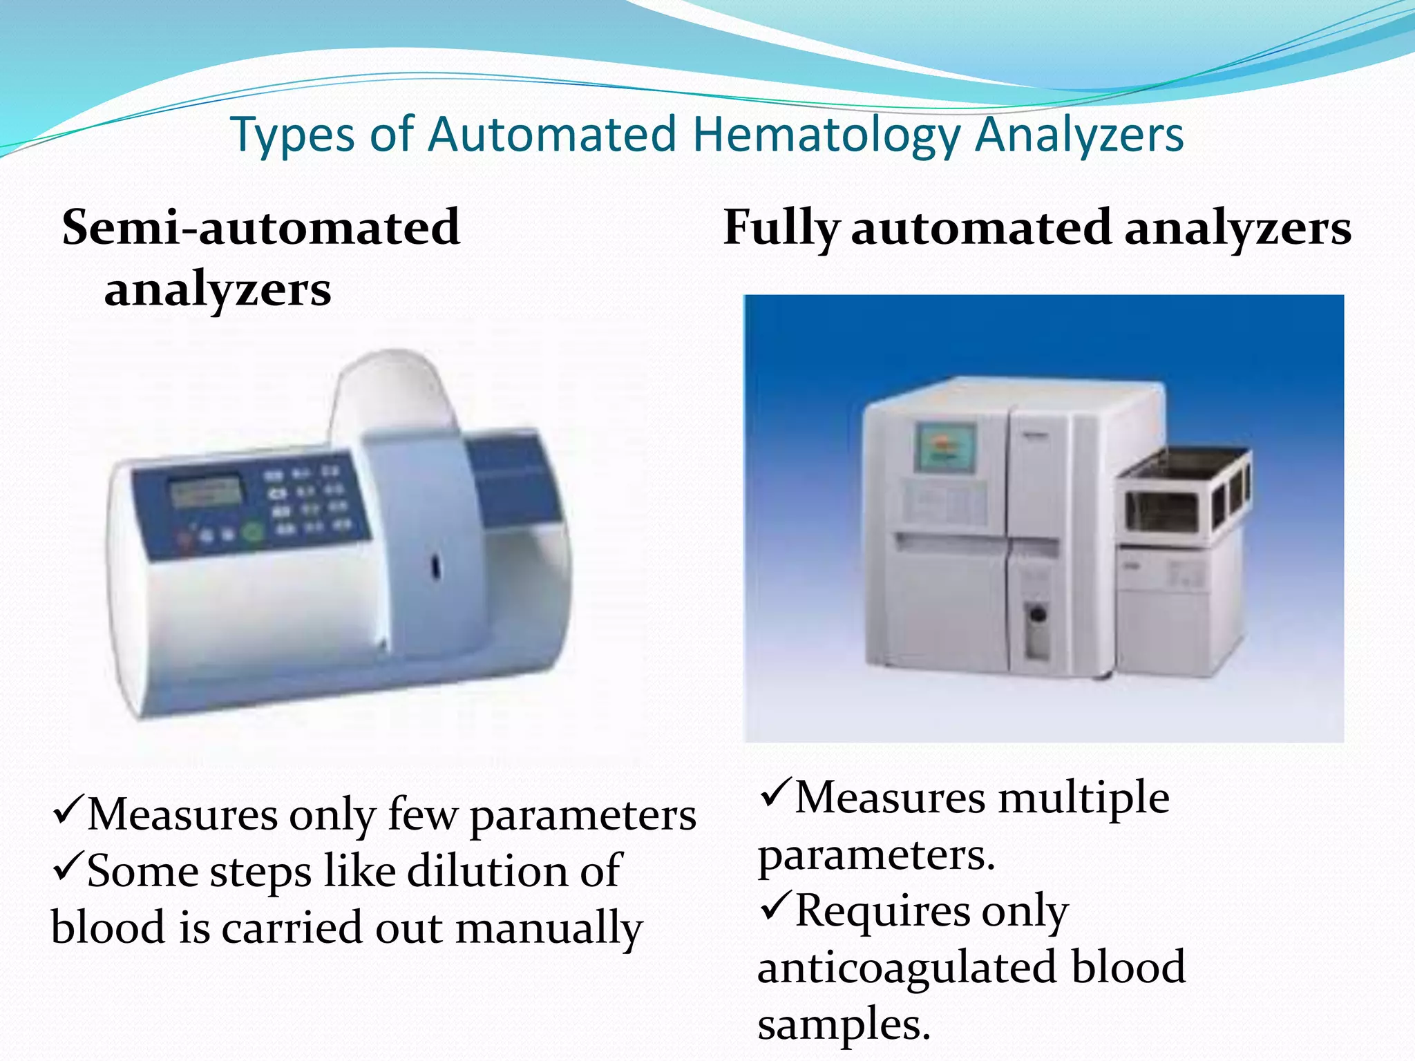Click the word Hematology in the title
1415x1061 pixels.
point(826,135)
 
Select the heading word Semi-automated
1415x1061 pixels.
point(261,227)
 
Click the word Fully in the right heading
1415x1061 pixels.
point(781,229)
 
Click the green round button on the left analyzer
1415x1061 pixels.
point(253,533)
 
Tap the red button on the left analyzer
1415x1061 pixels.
point(185,538)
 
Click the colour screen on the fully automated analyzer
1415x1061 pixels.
point(945,448)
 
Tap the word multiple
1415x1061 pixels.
point(1083,799)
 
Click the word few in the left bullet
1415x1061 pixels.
point(423,815)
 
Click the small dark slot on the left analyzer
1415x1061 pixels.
point(436,566)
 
